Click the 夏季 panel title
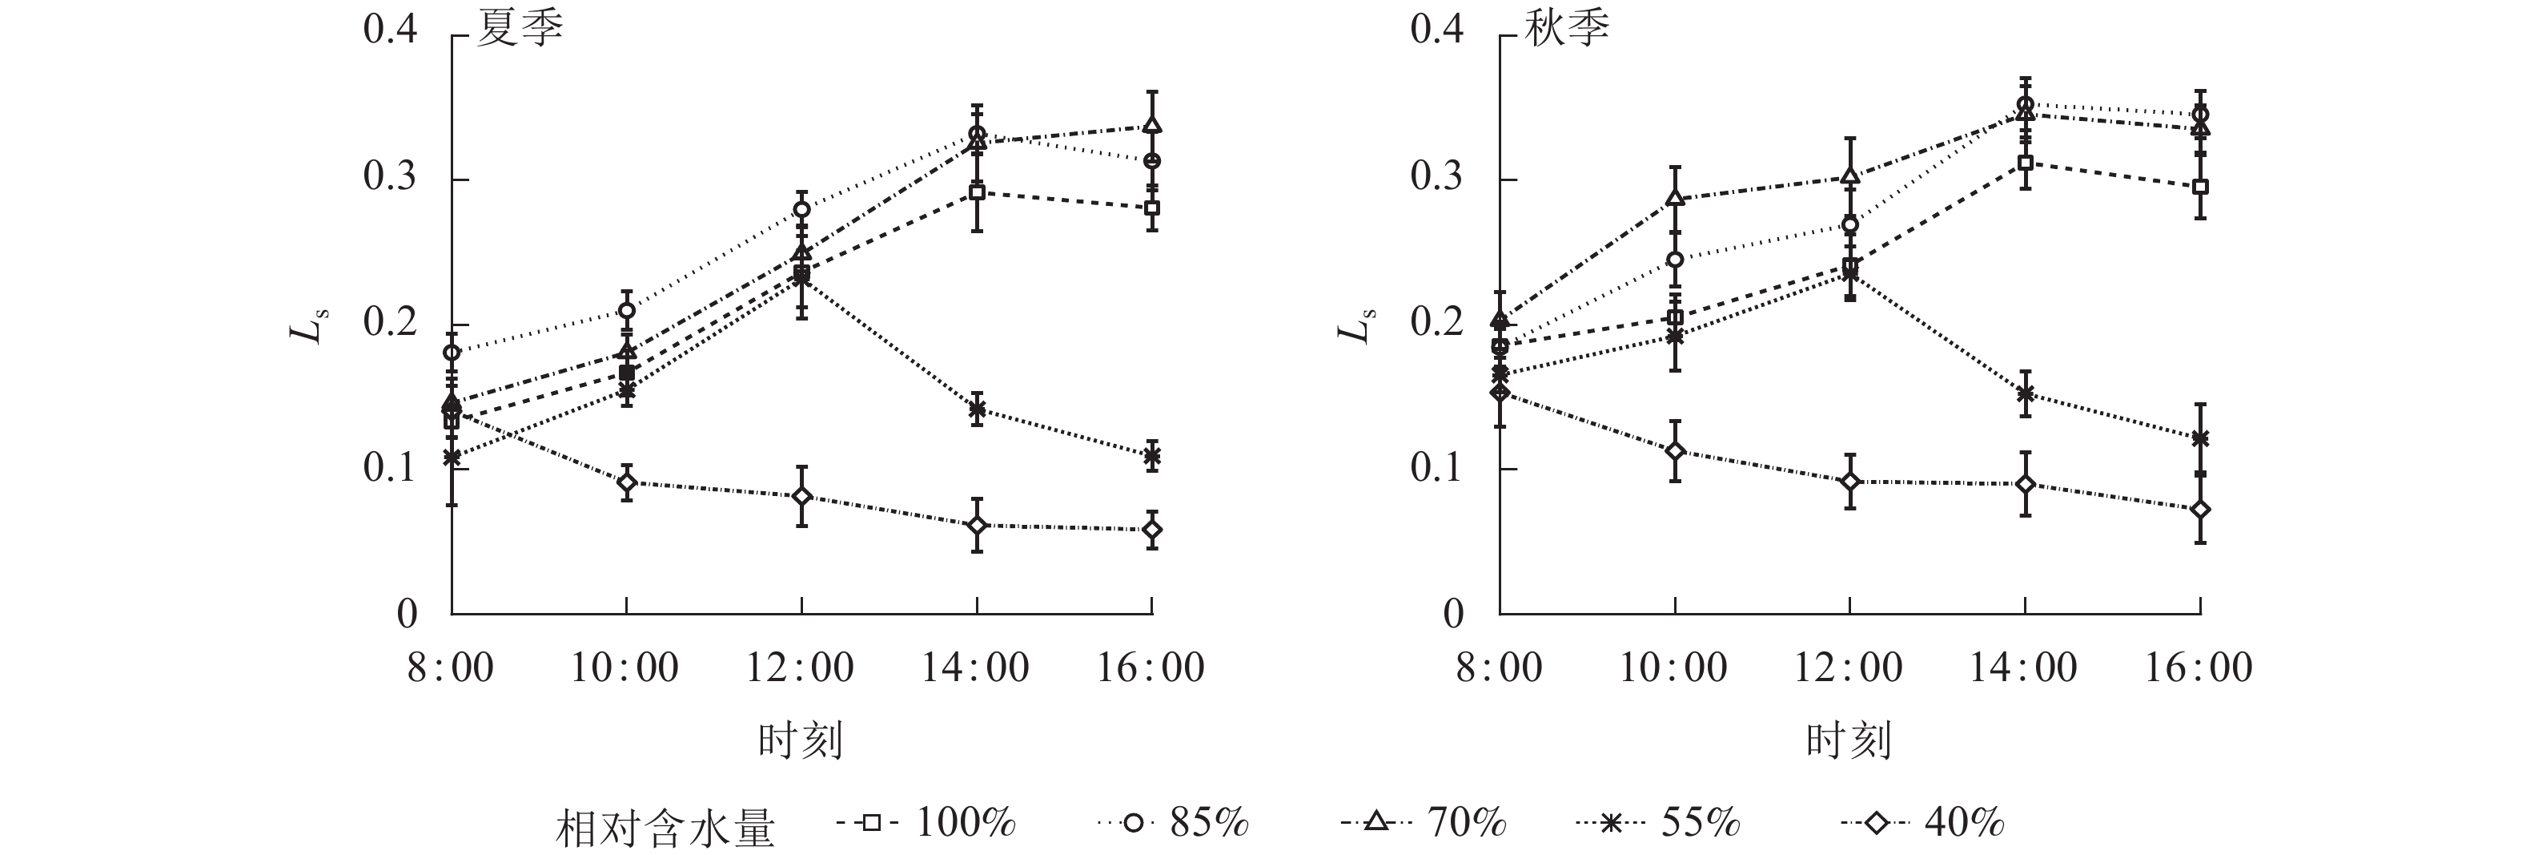click(x=520, y=30)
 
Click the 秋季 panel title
click(x=1568, y=30)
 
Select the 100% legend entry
click(x=927, y=823)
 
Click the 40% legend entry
click(x=1923, y=823)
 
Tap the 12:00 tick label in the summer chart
click(x=800, y=668)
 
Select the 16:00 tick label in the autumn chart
click(x=2199, y=668)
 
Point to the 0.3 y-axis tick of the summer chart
click(x=390, y=178)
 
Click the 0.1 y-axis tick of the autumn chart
click(x=1437, y=468)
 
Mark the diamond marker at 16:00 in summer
click(x=1152, y=530)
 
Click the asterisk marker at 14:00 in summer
click(x=977, y=409)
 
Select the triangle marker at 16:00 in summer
click(x=1152, y=125)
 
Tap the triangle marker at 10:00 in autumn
click(x=1674, y=198)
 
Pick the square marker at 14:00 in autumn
click(x=2025, y=162)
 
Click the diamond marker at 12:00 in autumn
click(x=1849, y=481)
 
